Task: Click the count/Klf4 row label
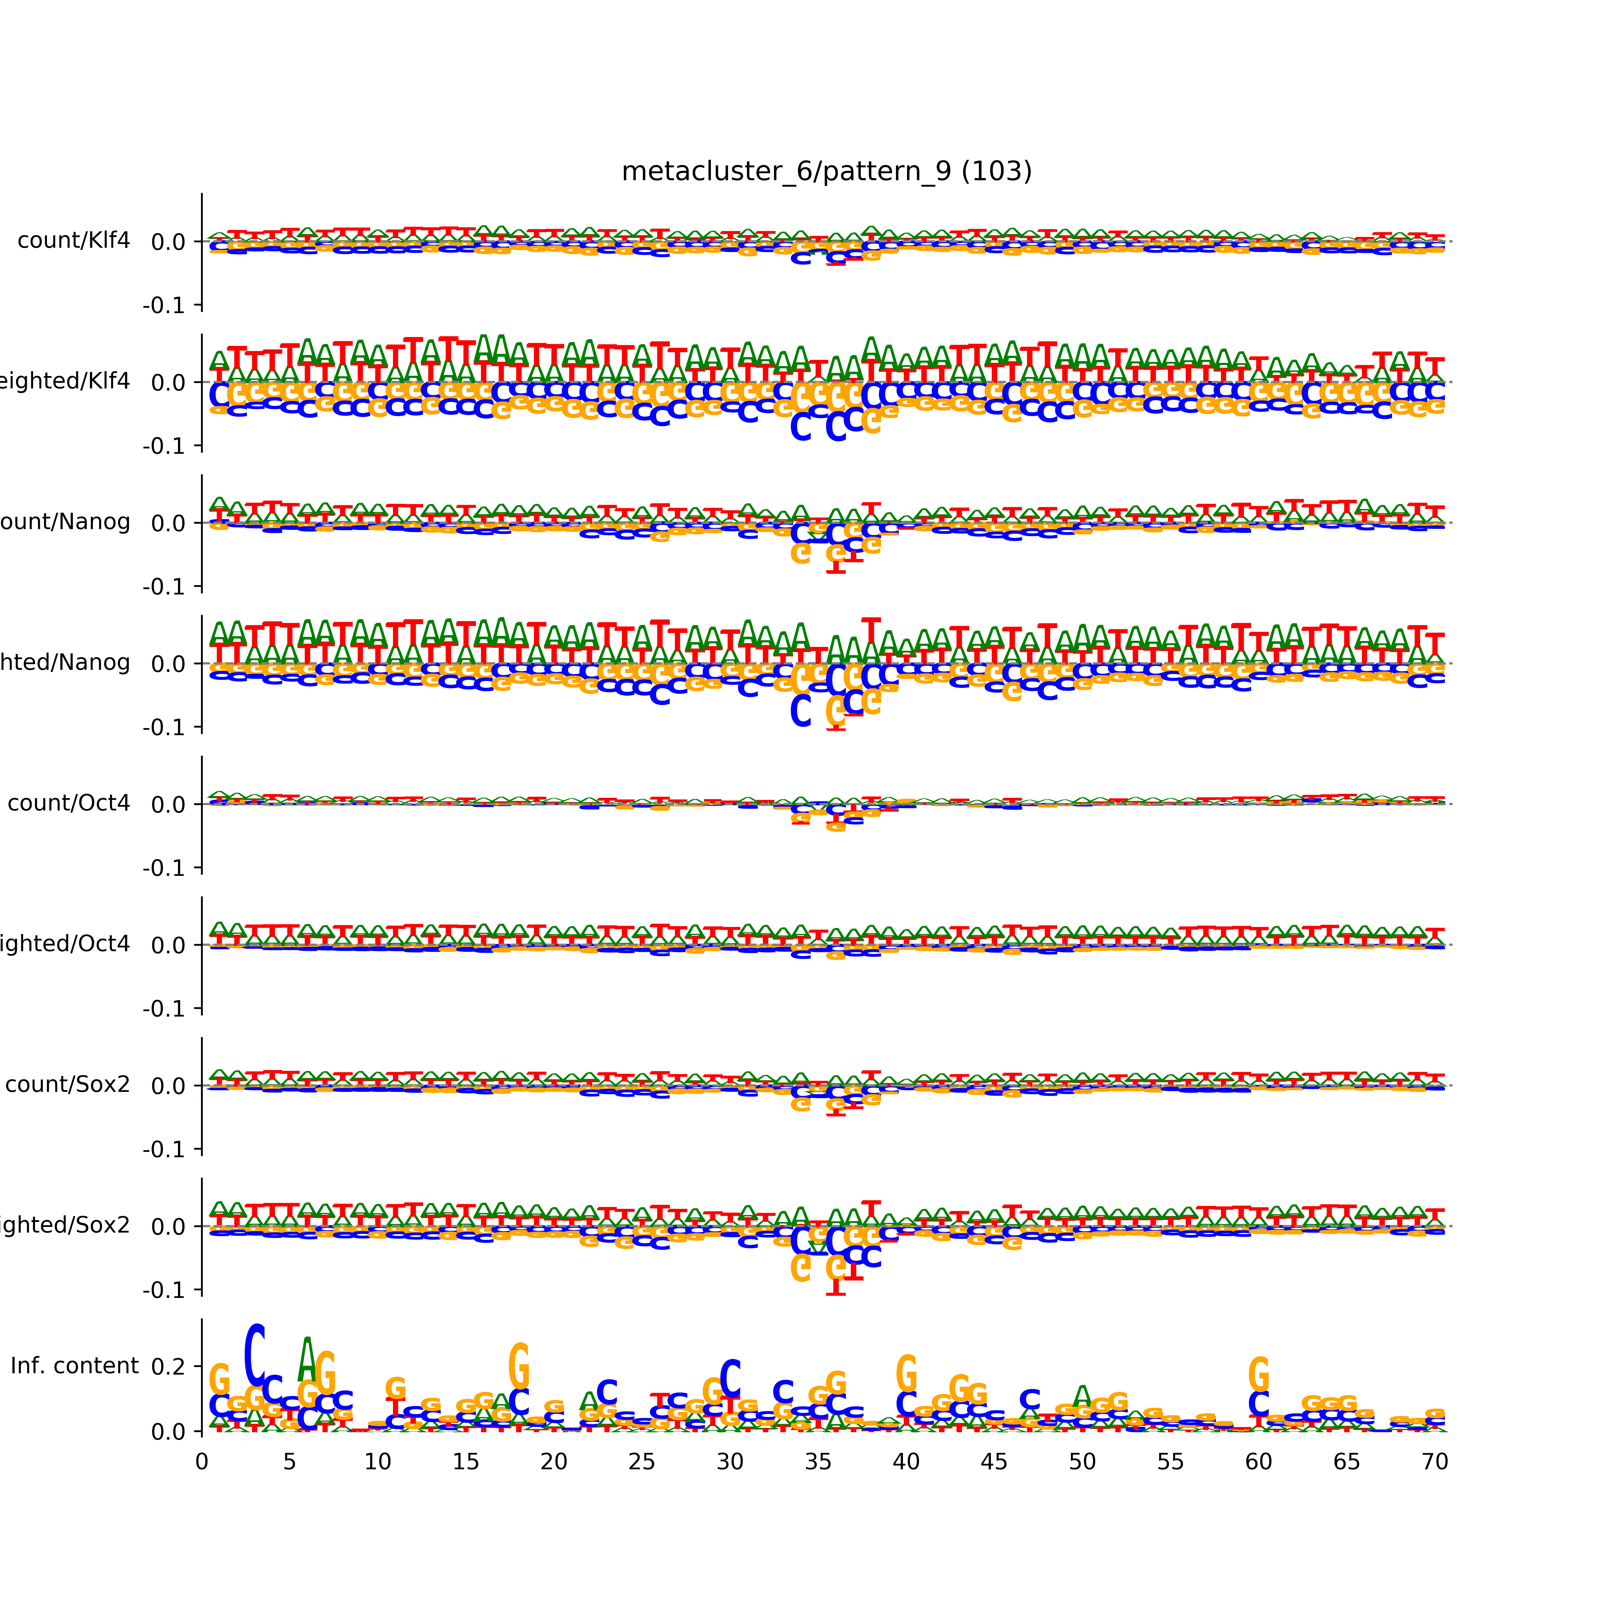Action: point(73,240)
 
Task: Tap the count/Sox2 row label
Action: point(68,1084)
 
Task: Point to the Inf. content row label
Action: point(74,1366)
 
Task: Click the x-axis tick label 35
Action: point(818,1462)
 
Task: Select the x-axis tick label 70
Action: point(1434,1462)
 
